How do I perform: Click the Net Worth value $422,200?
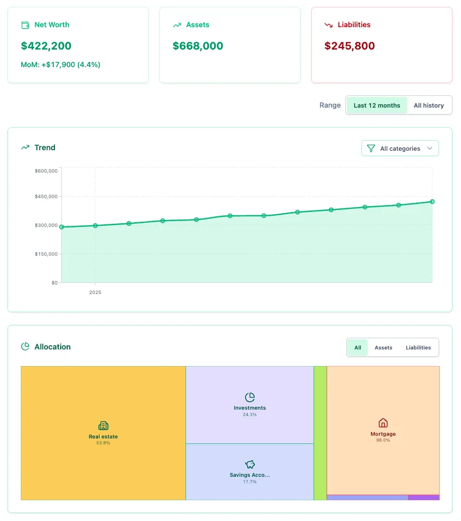(x=46, y=46)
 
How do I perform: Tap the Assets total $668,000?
(x=198, y=46)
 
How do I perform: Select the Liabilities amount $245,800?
(x=350, y=46)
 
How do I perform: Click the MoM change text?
(x=61, y=64)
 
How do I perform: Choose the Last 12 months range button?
(x=377, y=105)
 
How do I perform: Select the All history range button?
(x=428, y=105)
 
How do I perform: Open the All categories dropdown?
(x=400, y=149)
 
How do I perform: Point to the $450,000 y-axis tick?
(x=46, y=197)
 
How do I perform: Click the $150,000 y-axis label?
(x=46, y=254)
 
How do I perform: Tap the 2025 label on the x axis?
(x=95, y=292)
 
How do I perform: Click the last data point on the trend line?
(x=432, y=202)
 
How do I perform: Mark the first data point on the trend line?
(x=62, y=227)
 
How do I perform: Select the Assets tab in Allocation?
(x=383, y=348)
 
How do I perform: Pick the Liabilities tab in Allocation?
(x=418, y=348)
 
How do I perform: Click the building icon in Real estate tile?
(x=103, y=426)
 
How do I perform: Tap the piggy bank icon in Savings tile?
(x=250, y=465)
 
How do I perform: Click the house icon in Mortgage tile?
(x=383, y=423)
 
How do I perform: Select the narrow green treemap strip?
(x=320, y=433)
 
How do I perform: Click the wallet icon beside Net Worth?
(x=25, y=25)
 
